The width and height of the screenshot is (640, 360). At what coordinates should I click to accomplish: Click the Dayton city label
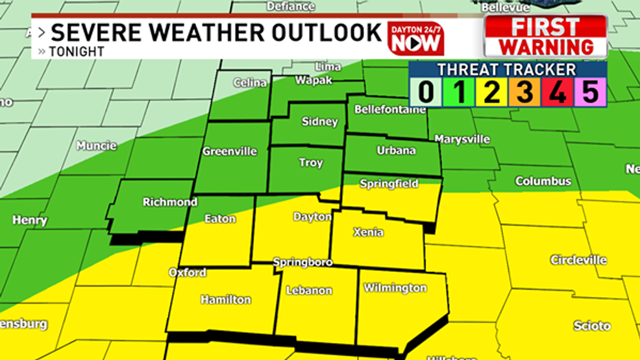[x=312, y=217]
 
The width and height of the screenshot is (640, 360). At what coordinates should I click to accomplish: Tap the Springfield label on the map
[x=389, y=184]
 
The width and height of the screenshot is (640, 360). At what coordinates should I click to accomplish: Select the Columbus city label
[x=543, y=181]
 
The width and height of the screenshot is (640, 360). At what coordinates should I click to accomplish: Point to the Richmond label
[x=170, y=202]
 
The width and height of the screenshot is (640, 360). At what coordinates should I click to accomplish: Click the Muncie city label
[x=96, y=146]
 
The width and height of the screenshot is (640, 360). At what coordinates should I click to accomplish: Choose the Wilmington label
[x=395, y=287]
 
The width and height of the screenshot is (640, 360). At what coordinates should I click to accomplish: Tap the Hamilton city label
[x=225, y=299]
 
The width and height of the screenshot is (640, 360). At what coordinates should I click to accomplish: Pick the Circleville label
[x=578, y=260]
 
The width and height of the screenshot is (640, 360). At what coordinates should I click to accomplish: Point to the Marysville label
[x=462, y=139]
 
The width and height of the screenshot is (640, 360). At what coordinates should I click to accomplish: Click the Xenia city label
[x=367, y=232]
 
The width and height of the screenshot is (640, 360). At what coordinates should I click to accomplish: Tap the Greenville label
[x=229, y=151]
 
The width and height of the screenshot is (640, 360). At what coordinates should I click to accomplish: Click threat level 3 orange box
[x=524, y=92]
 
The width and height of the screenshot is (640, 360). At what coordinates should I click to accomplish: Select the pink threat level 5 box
[x=590, y=92]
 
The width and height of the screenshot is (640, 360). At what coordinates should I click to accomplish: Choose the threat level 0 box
[x=426, y=92]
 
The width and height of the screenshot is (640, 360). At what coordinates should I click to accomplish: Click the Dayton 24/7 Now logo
[x=415, y=38]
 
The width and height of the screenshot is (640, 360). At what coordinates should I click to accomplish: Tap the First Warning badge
[x=545, y=36]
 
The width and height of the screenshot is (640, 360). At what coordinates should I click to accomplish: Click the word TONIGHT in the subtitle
[x=76, y=52]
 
